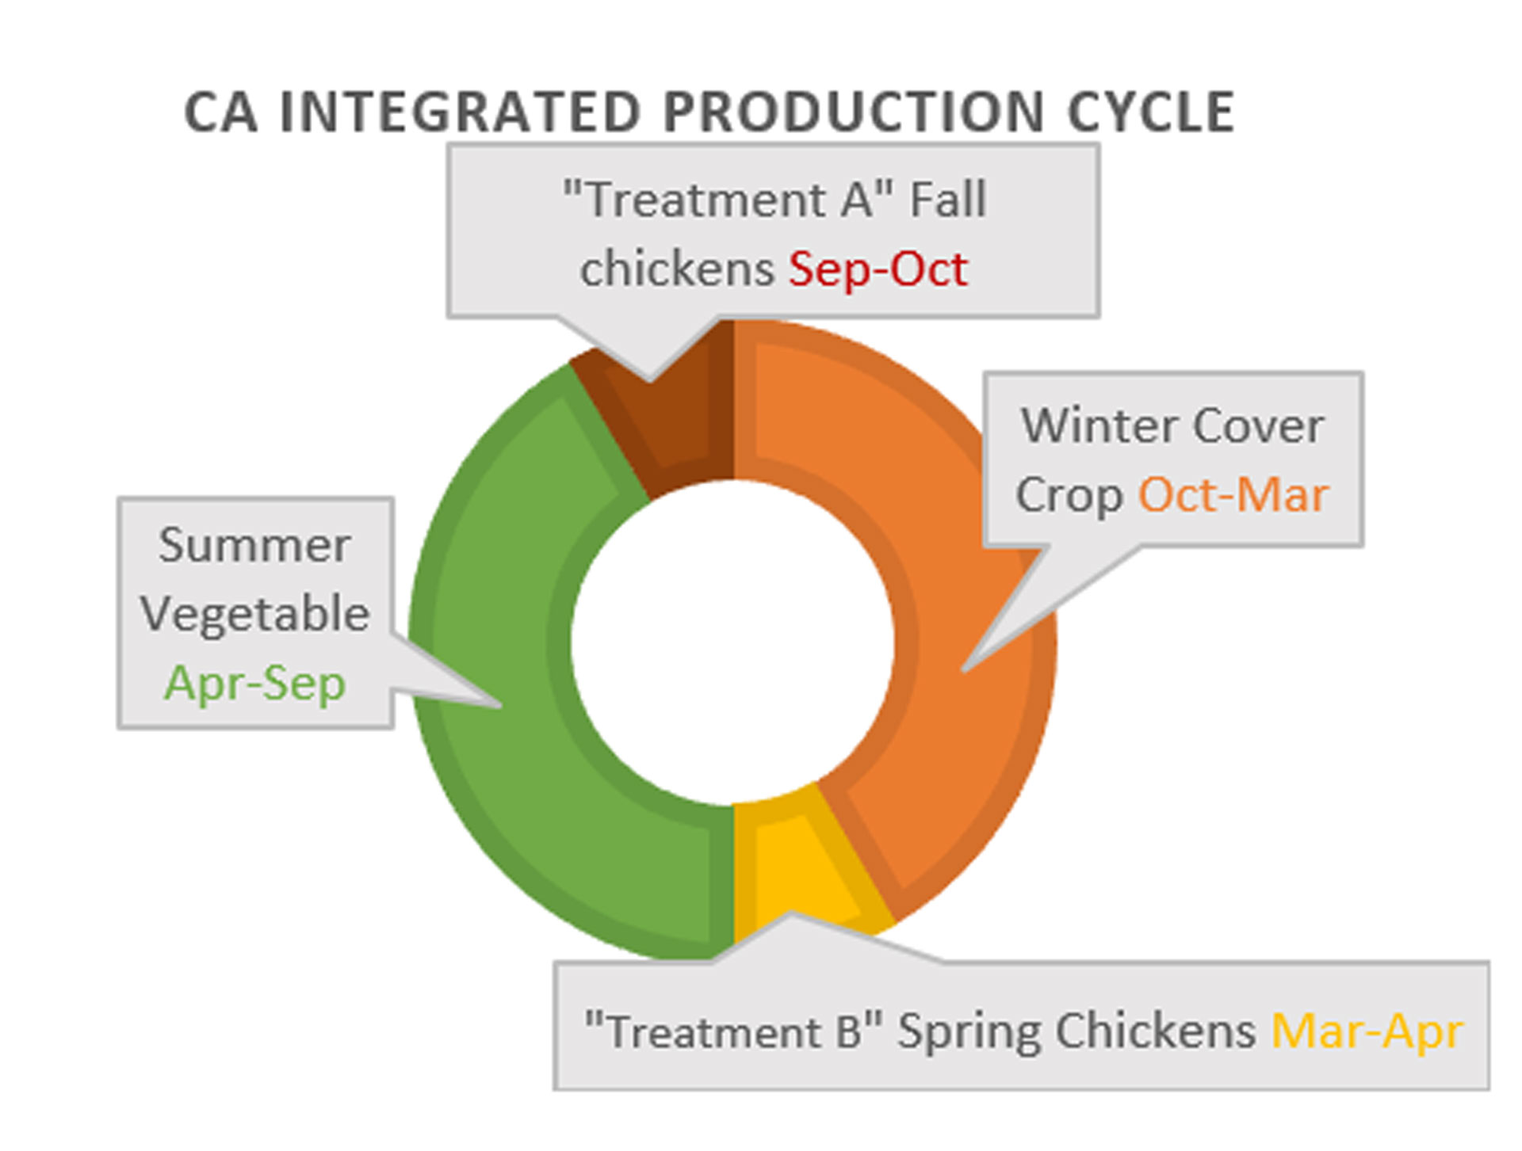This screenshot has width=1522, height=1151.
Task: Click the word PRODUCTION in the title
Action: tap(853, 112)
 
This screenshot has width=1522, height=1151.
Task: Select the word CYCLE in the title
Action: tap(1150, 112)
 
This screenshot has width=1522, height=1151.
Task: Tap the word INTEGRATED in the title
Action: tap(460, 112)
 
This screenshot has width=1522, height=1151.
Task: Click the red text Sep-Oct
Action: tap(878, 269)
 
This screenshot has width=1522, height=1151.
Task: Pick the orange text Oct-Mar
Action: tap(1233, 496)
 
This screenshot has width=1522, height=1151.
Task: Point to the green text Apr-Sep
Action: tap(254, 683)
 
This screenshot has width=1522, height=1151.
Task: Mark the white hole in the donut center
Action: tap(732, 642)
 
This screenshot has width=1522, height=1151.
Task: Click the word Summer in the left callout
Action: tap(254, 545)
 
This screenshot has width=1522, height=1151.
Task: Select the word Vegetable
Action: tap(254, 614)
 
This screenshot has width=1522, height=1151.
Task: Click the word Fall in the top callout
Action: tap(947, 199)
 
